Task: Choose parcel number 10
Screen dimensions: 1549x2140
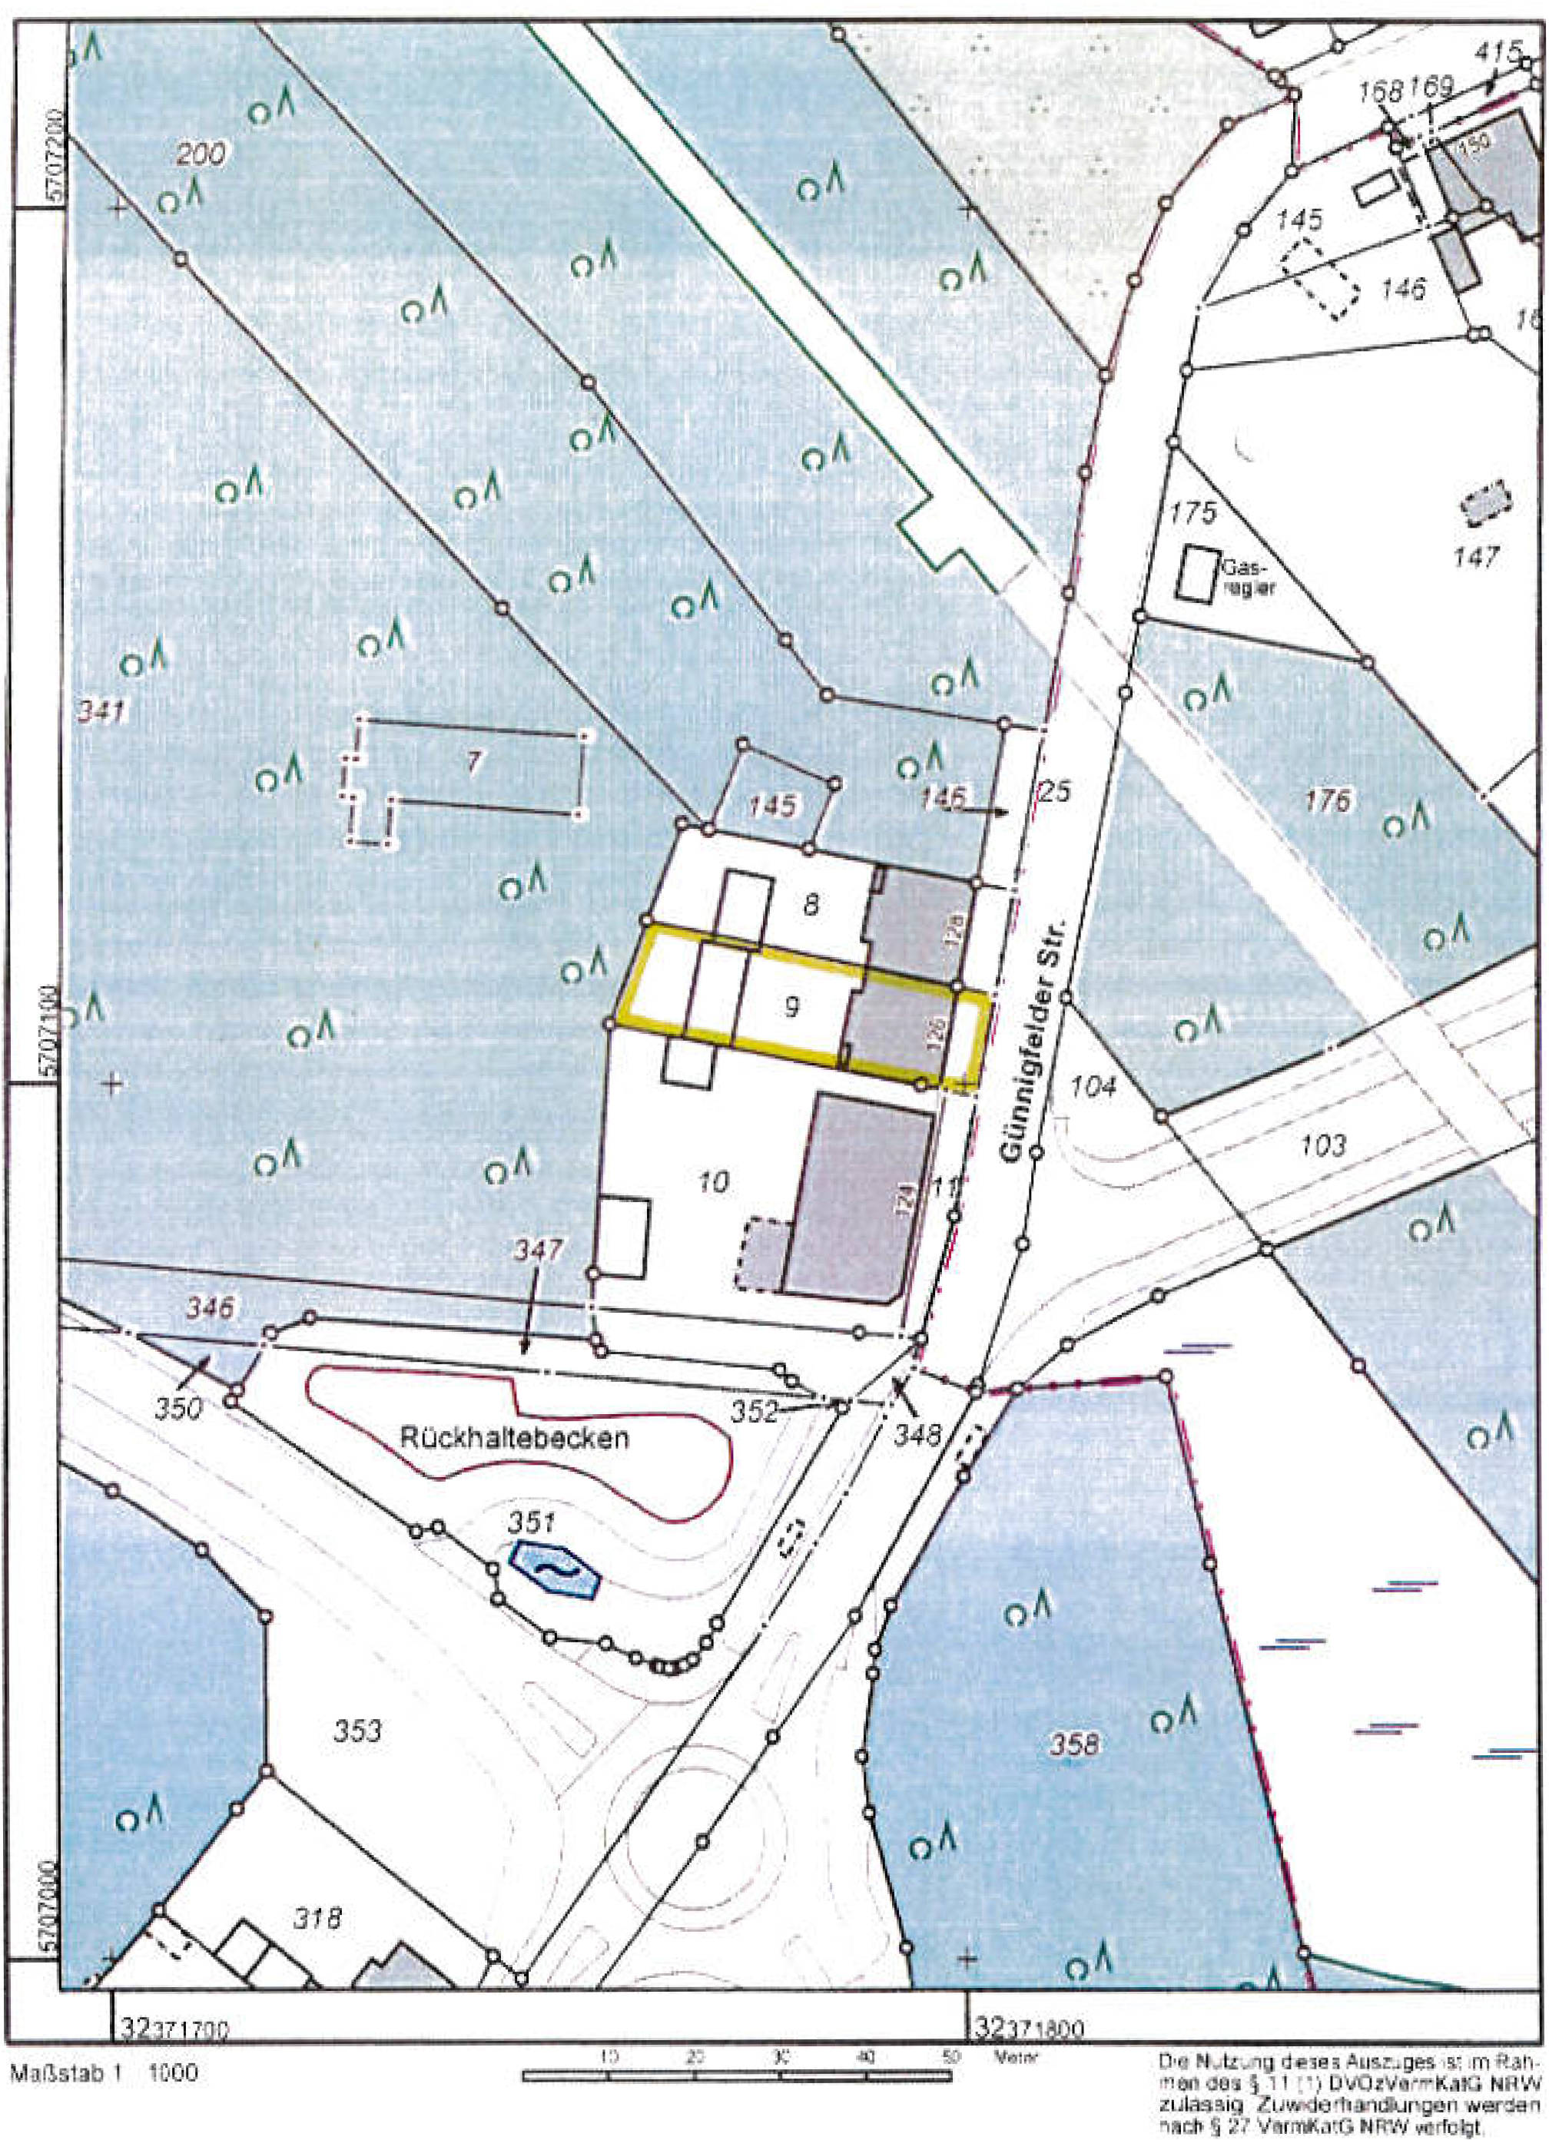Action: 715,1181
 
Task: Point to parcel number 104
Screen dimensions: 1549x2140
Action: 1094,1086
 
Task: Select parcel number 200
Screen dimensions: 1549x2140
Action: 203,154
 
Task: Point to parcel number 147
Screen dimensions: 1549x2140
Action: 1476,557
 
